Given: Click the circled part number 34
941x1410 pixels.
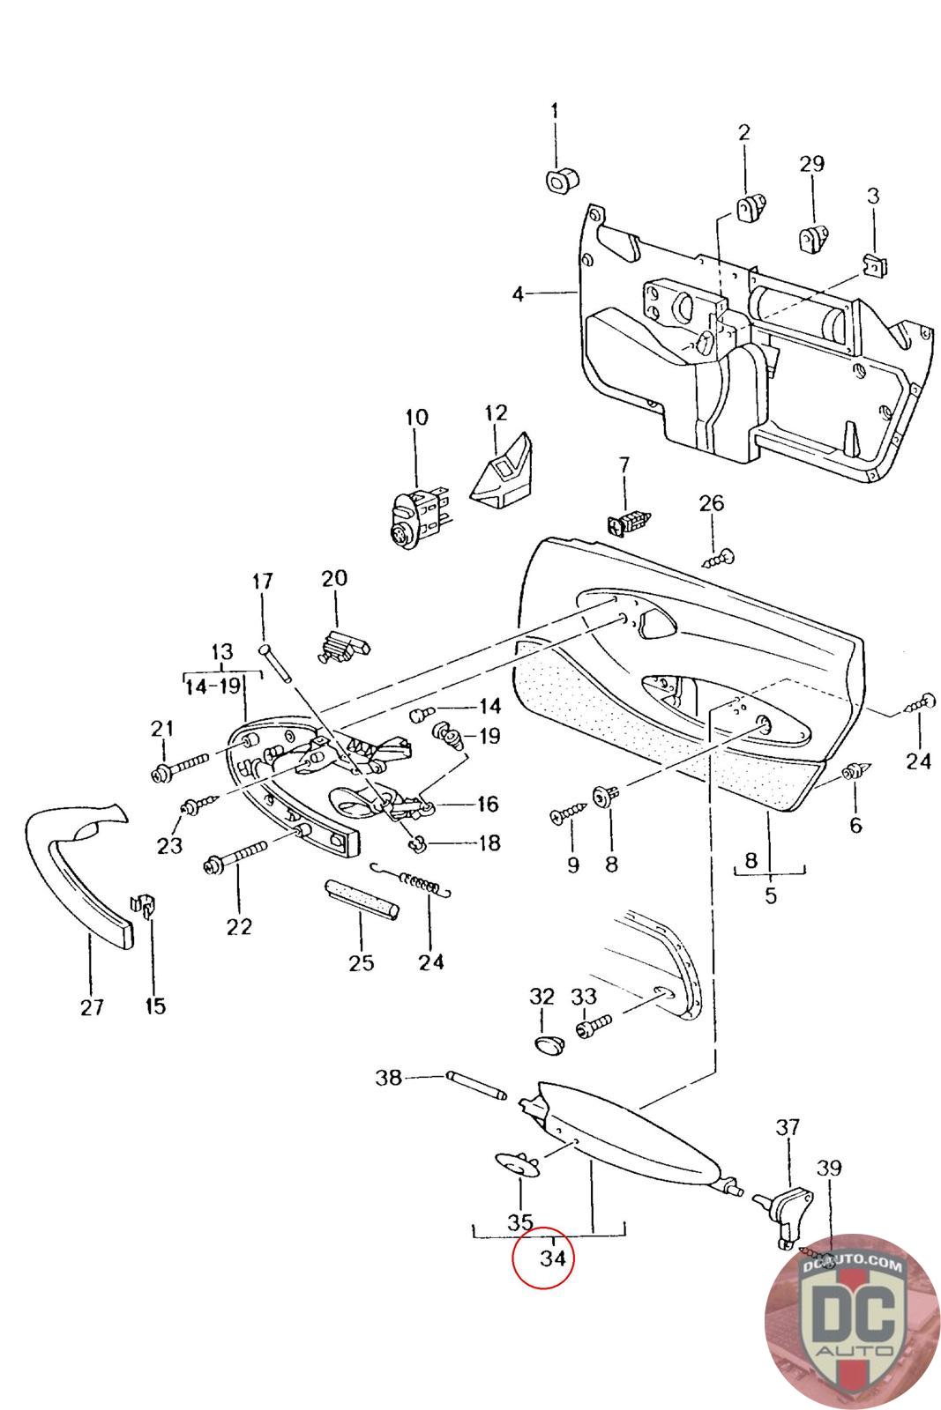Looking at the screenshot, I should click(x=552, y=1258).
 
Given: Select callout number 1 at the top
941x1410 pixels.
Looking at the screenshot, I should click(x=555, y=111).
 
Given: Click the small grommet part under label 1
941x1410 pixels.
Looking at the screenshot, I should click(x=558, y=181).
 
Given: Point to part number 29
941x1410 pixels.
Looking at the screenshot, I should click(x=811, y=163).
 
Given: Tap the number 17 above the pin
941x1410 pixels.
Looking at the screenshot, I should click(x=263, y=582).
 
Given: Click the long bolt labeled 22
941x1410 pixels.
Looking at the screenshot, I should click(x=236, y=859).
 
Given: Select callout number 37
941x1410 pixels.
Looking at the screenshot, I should click(x=788, y=1126).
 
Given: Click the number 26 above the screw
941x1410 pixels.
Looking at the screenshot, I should click(x=711, y=503).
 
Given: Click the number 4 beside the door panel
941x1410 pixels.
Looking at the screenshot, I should click(x=519, y=293).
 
